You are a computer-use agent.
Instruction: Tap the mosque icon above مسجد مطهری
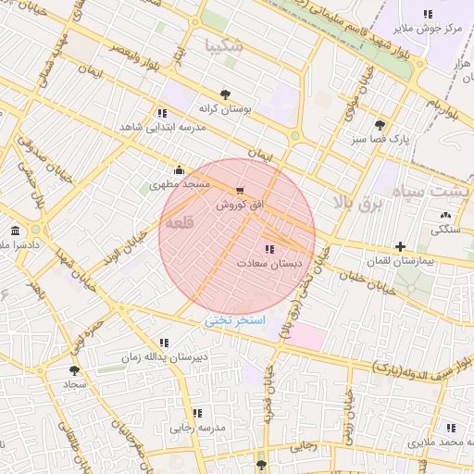click(x=178, y=169)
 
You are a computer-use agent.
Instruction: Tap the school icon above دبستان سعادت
click(x=269, y=249)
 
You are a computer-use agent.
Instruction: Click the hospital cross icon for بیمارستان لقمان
click(x=399, y=246)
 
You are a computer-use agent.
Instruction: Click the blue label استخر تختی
click(x=235, y=320)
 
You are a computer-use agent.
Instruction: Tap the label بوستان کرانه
click(x=225, y=108)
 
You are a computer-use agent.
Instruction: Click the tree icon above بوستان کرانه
click(x=225, y=94)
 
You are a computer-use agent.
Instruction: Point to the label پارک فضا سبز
click(x=380, y=139)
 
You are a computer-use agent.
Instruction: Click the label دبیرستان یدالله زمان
click(x=164, y=356)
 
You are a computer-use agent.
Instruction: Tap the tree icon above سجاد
click(x=73, y=369)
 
